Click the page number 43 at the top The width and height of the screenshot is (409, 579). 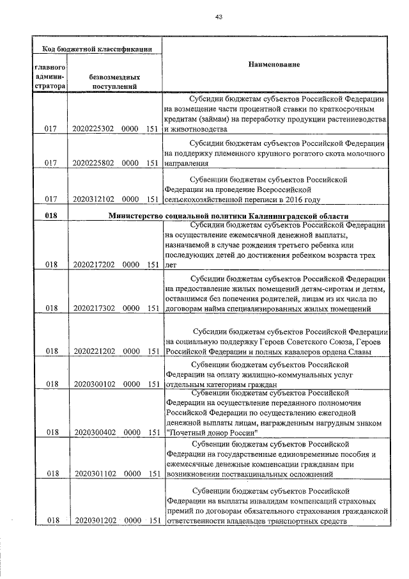[x=219, y=17]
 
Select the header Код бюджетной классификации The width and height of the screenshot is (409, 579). [x=97, y=49]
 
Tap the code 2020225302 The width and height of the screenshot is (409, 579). [x=93, y=129]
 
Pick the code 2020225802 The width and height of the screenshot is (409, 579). [x=93, y=163]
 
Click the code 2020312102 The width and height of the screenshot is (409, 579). [x=93, y=200]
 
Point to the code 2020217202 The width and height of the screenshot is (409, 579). [x=93, y=264]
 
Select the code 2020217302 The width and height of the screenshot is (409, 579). [x=93, y=308]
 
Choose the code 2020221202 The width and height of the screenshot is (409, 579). [x=93, y=351]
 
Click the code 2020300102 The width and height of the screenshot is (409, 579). [x=93, y=385]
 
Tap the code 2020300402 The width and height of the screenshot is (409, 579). [x=93, y=432]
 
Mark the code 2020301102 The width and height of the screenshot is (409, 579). [x=93, y=474]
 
